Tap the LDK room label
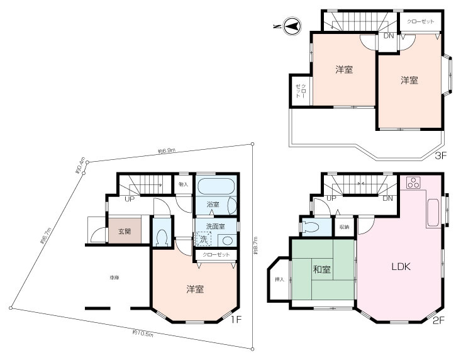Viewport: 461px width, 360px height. (x=401, y=267)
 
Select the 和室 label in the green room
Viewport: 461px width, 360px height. (x=323, y=270)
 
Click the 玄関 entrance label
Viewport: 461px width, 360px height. (x=124, y=232)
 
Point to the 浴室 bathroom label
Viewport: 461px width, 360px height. (x=213, y=205)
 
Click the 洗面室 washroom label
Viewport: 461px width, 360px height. (x=214, y=226)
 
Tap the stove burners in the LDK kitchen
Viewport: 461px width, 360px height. (x=413, y=183)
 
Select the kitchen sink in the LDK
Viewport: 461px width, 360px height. (x=433, y=213)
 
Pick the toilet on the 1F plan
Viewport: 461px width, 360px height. (x=162, y=237)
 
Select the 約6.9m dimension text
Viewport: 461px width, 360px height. (x=166, y=151)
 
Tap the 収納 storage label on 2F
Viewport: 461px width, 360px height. (x=344, y=227)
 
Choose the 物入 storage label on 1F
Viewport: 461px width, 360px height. (x=183, y=185)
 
